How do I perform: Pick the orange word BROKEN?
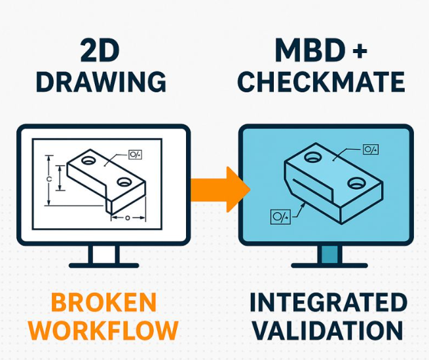coord(103,302)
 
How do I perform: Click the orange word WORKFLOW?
coord(103,331)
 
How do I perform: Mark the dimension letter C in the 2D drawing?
coord(50,178)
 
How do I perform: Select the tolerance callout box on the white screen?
coord(136,154)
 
